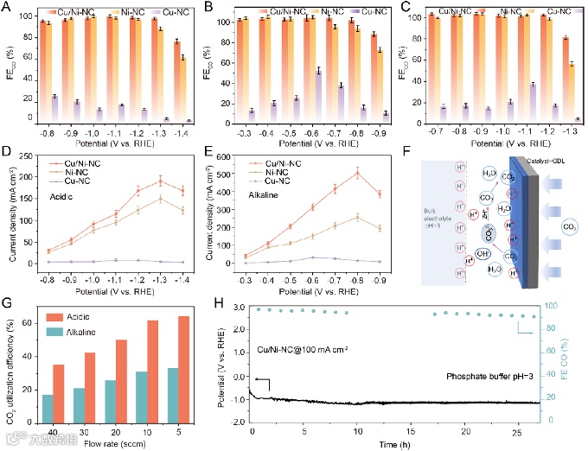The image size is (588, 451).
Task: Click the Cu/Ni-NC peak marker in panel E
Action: tap(357, 173)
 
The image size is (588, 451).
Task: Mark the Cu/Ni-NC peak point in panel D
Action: tap(160, 181)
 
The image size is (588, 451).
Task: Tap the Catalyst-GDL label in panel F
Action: tap(505, 159)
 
